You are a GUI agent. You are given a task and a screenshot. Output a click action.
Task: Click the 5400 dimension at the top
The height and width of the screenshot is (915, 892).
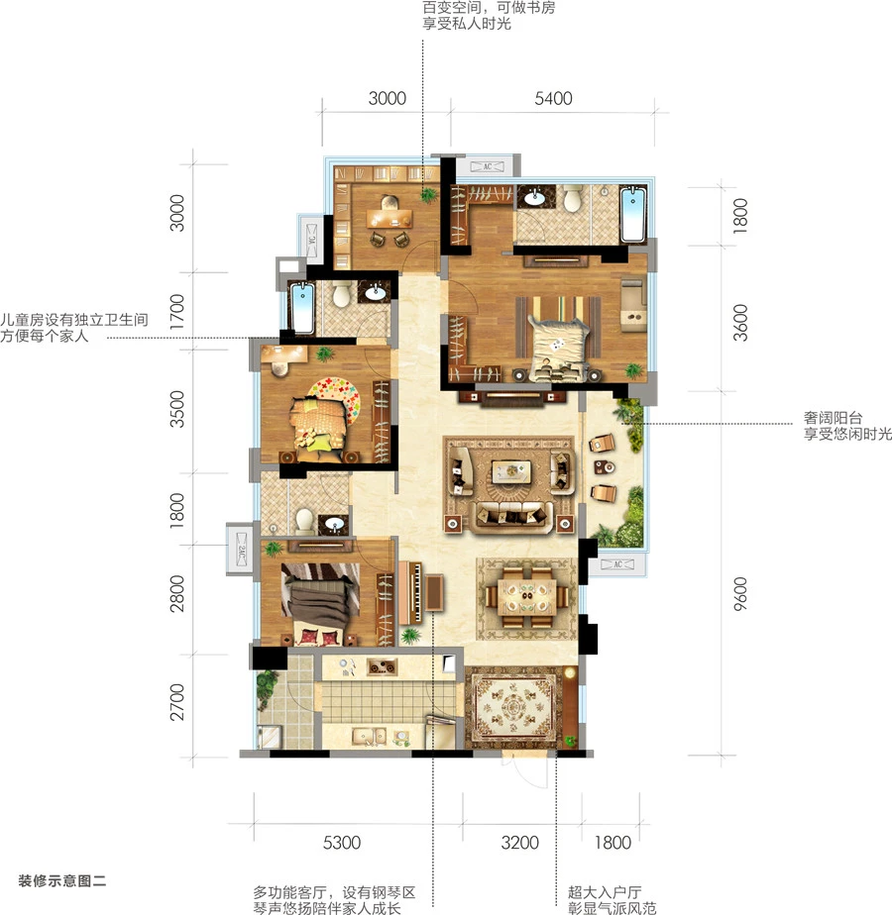553,98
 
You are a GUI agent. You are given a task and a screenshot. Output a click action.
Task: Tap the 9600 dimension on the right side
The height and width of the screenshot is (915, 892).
740,593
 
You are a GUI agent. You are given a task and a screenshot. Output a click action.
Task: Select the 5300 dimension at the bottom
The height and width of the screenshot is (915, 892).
342,842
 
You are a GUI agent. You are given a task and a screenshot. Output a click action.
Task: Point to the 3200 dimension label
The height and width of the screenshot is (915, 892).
520,842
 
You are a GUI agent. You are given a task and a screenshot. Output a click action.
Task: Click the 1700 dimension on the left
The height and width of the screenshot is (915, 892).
176,311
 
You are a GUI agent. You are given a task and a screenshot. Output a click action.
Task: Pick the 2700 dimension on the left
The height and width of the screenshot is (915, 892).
176,702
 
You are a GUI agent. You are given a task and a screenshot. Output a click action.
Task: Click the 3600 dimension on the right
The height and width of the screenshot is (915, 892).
740,322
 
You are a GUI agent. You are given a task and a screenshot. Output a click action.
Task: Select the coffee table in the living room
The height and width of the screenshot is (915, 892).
511,471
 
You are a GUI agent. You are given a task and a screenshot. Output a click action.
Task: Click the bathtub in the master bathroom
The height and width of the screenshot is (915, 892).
633,214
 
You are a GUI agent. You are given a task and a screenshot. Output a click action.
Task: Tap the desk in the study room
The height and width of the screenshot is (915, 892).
390,219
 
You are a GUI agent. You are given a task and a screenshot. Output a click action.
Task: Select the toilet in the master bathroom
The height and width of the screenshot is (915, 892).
572,198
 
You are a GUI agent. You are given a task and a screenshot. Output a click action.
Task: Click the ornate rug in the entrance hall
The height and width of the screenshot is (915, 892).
512,708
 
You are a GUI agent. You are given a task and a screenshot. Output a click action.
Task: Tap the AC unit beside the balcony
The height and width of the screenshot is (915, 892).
618,564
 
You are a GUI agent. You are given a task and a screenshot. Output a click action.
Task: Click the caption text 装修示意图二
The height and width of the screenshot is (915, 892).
61,880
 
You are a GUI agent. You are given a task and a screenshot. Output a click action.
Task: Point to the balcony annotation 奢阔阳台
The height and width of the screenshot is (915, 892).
833,417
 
